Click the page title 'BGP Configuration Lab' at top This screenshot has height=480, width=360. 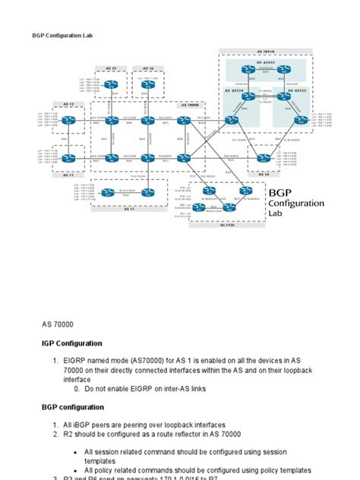[62, 35]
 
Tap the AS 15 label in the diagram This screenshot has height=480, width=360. [112, 68]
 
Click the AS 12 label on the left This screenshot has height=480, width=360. [68, 103]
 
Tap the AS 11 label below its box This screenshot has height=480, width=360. [68, 175]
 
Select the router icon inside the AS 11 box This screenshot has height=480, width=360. [69, 158]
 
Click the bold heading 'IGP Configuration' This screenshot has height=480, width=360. [72, 343]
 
